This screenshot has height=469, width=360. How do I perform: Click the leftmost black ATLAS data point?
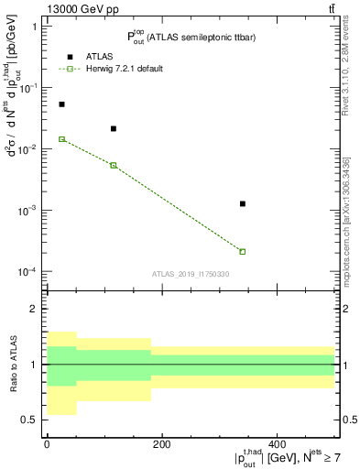(61, 104)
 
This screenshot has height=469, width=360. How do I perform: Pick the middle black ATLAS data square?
(113, 129)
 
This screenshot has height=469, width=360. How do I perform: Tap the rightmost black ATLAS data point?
(243, 203)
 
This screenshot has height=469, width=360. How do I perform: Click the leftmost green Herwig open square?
(61, 139)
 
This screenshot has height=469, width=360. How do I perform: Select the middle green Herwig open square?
(113, 165)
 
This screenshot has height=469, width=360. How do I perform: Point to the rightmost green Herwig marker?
(243, 251)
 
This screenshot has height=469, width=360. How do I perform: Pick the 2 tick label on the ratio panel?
(35, 309)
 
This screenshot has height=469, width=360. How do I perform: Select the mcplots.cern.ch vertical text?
(350, 211)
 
